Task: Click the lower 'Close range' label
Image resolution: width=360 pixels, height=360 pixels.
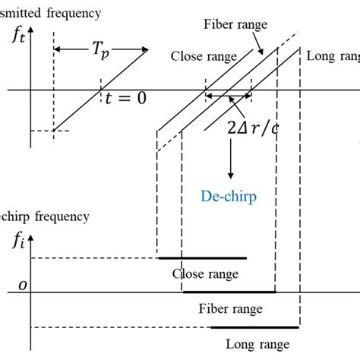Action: click(x=201, y=273)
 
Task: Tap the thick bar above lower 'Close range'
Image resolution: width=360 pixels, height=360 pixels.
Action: click(x=201, y=258)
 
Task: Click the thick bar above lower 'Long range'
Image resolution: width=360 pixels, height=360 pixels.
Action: click(x=254, y=327)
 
